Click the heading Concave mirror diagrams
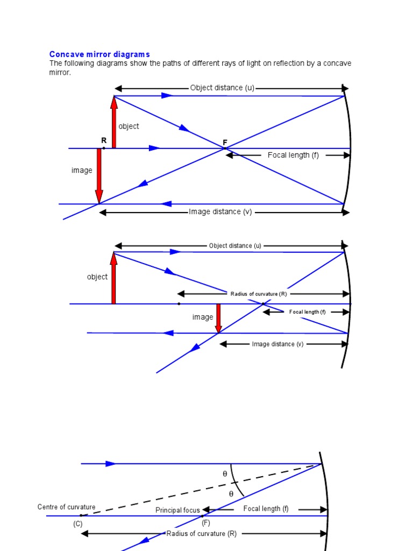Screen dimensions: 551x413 (x=99, y=54)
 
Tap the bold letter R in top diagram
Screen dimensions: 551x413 (x=104, y=141)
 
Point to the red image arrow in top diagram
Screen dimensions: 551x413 (x=99, y=175)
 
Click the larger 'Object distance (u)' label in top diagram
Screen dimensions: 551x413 (x=222, y=88)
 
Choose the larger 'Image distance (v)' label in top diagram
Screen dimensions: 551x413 (x=220, y=212)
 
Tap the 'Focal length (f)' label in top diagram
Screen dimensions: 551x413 (x=293, y=156)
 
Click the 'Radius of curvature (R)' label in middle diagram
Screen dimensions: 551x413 (x=259, y=294)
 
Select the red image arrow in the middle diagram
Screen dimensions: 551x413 (x=218, y=318)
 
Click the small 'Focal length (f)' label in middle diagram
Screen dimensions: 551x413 (x=307, y=312)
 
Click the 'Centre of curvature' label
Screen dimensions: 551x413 (x=67, y=507)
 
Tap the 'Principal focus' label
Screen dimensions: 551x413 (x=177, y=510)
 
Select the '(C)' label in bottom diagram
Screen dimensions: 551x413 (x=78, y=524)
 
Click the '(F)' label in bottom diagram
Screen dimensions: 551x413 (x=206, y=522)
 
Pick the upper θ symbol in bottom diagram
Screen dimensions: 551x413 (x=225, y=474)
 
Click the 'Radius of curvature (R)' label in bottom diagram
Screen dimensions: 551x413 (x=202, y=534)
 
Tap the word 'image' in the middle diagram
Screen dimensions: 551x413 (x=203, y=317)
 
